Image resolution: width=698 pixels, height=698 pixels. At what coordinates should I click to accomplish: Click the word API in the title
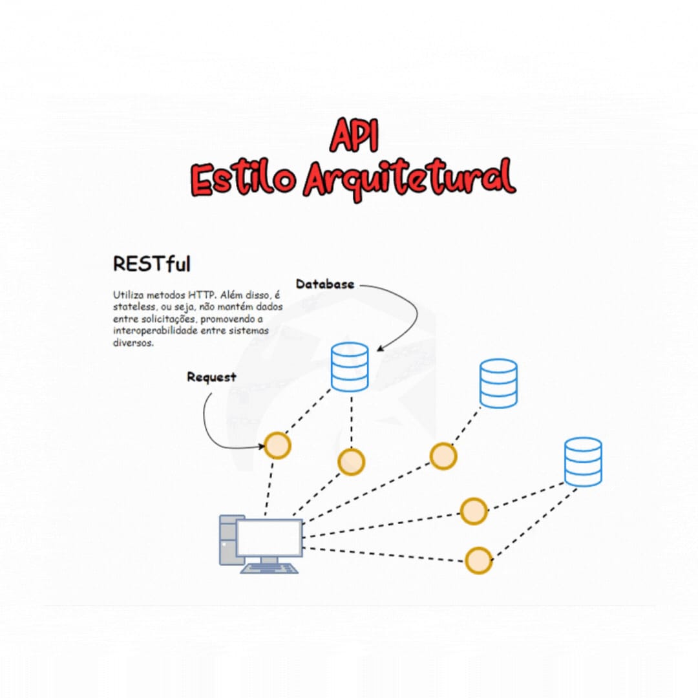(x=354, y=136)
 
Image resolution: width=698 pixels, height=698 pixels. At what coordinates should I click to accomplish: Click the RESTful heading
(x=151, y=264)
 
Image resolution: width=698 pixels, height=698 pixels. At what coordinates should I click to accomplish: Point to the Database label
(x=324, y=284)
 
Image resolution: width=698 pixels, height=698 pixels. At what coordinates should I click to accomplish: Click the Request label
(x=211, y=377)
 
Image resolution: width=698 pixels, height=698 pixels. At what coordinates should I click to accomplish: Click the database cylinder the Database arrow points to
(x=350, y=366)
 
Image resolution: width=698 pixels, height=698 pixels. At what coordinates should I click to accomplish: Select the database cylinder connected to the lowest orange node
(x=582, y=461)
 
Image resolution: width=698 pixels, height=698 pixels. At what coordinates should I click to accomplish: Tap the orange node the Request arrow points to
(x=277, y=445)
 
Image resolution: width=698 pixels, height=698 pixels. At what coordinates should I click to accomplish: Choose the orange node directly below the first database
(x=351, y=461)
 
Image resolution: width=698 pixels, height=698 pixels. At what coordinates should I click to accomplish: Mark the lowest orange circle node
(x=478, y=560)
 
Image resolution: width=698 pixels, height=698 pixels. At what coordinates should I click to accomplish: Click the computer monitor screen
(x=269, y=537)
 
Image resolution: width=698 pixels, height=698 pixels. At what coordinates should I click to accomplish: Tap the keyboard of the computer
(x=270, y=568)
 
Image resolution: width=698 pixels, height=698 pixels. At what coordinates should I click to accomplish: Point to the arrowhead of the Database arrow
(x=381, y=349)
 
